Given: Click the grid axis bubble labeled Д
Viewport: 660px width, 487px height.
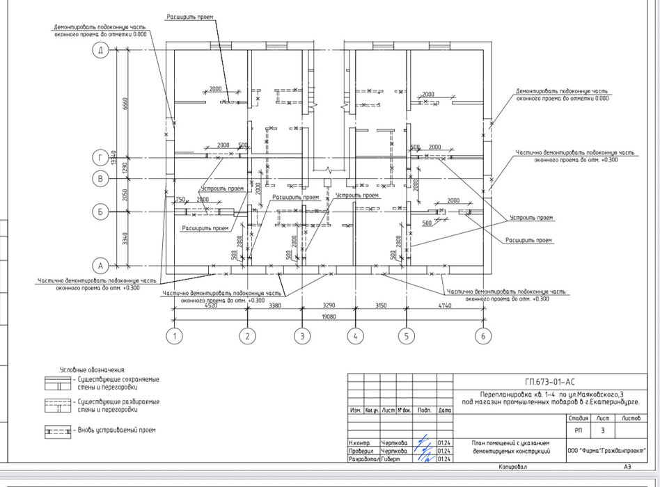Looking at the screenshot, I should (x=101, y=50).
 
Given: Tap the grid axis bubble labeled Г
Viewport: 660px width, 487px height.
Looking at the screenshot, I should (x=101, y=159).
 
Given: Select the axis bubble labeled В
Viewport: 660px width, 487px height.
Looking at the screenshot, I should (x=101, y=179).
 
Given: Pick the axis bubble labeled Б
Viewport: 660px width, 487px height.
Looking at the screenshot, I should (x=101, y=211).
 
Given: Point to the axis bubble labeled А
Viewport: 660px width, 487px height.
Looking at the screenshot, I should (x=101, y=266).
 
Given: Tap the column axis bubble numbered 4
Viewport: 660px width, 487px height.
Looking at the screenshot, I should (x=355, y=337).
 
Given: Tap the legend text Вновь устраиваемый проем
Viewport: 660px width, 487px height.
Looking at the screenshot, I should (x=116, y=430).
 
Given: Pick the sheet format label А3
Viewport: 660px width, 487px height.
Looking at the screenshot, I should (x=627, y=467).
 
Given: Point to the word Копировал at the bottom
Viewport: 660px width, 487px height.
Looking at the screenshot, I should (x=513, y=467).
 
